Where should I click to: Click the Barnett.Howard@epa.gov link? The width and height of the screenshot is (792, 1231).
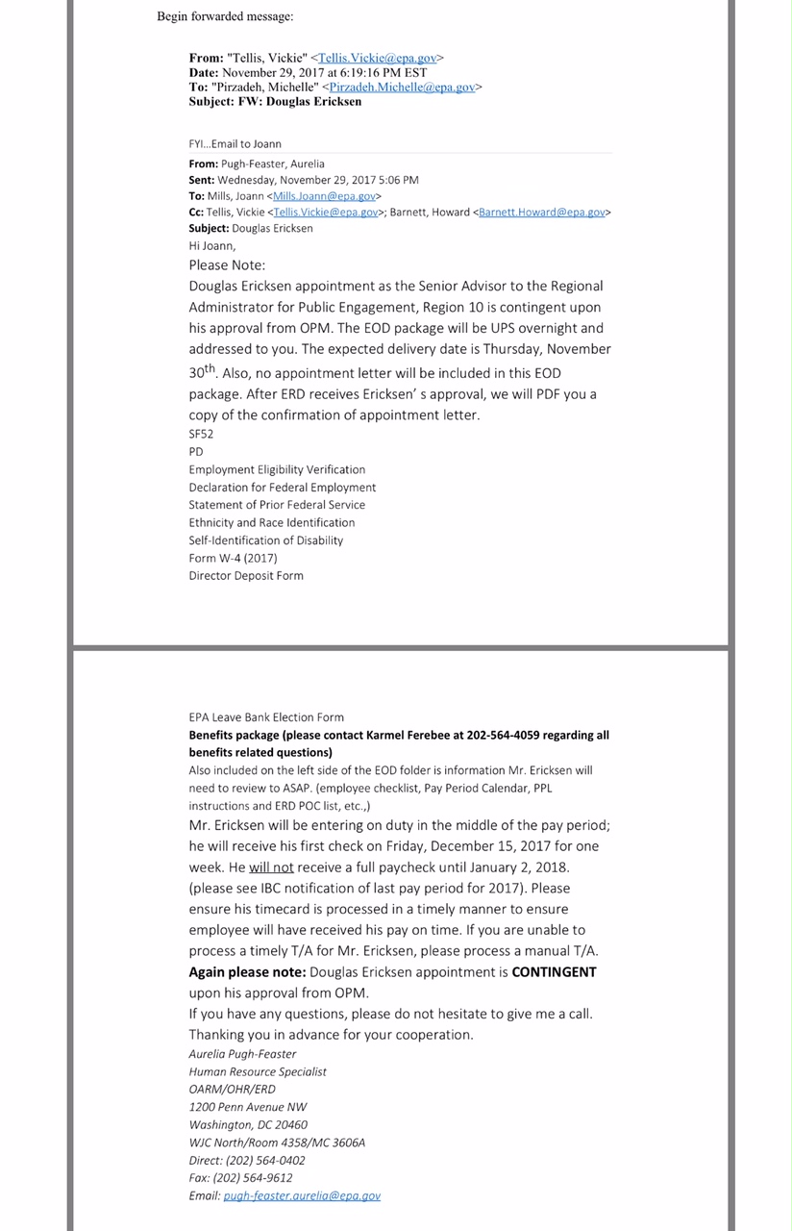[x=542, y=212]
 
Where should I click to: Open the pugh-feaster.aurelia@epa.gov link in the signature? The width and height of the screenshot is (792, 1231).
[x=302, y=1195]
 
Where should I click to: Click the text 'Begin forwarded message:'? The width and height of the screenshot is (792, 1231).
[x=226, y=16]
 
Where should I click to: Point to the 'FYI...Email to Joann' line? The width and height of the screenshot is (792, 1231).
[x=235, y=143]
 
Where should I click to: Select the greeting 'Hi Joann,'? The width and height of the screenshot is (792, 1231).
[x=211, y=246]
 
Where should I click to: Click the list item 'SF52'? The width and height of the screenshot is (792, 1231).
[x=201, y=434]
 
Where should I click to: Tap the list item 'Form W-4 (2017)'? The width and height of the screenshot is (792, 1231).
[x=232, y=558]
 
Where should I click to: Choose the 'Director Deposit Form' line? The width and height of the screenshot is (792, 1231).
[x=246, y=575]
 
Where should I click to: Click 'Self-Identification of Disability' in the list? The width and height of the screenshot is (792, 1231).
[x=265, y=540]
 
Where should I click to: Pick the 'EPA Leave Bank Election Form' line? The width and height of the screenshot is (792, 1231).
[x=266, y=716]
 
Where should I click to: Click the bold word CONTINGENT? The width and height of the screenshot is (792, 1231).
[x=554, y=971]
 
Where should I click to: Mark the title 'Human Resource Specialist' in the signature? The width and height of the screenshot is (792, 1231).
[x=258, y=1071]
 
